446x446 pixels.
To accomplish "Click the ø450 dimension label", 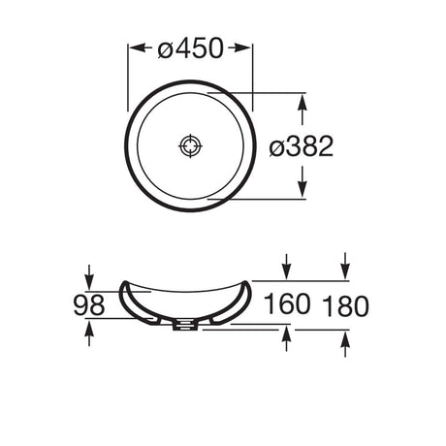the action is [191, 48].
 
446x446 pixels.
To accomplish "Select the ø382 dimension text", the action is [302, 146].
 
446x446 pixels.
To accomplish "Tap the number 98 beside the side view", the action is [89, 305].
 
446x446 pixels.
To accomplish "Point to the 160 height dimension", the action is [287, 303].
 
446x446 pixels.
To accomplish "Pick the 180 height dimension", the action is [345, 305].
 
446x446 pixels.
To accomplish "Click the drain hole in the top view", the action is [190, 146].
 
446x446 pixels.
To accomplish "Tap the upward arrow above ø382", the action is [303, 111].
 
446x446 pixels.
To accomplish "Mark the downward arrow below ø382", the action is [303, 181].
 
